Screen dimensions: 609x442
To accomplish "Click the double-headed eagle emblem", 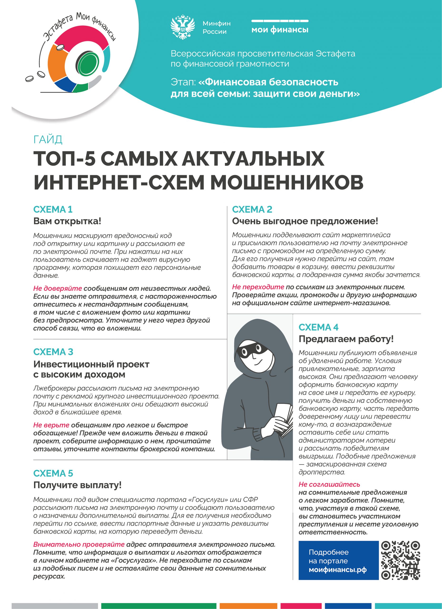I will coord(183,27).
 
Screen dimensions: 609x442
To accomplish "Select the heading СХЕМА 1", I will coord(53,209).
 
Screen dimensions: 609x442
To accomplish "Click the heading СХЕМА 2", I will coord(252,209).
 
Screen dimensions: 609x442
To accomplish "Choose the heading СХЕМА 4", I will coord(319,327).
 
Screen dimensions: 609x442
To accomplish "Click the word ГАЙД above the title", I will coord(48,140).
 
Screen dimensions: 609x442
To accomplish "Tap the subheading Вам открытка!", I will coord(67,221).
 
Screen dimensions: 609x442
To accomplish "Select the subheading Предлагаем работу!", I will coord(346,339).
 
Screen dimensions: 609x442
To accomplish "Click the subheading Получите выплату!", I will coord(77,485).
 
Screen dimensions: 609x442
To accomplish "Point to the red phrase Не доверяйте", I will coord(58,288).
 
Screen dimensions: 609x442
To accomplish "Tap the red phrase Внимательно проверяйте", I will coord(79,544).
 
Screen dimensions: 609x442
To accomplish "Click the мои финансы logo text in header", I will coord(280,29).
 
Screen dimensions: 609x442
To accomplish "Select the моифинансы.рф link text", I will coord(338,570).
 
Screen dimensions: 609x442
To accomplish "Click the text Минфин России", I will coord(216,27).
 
